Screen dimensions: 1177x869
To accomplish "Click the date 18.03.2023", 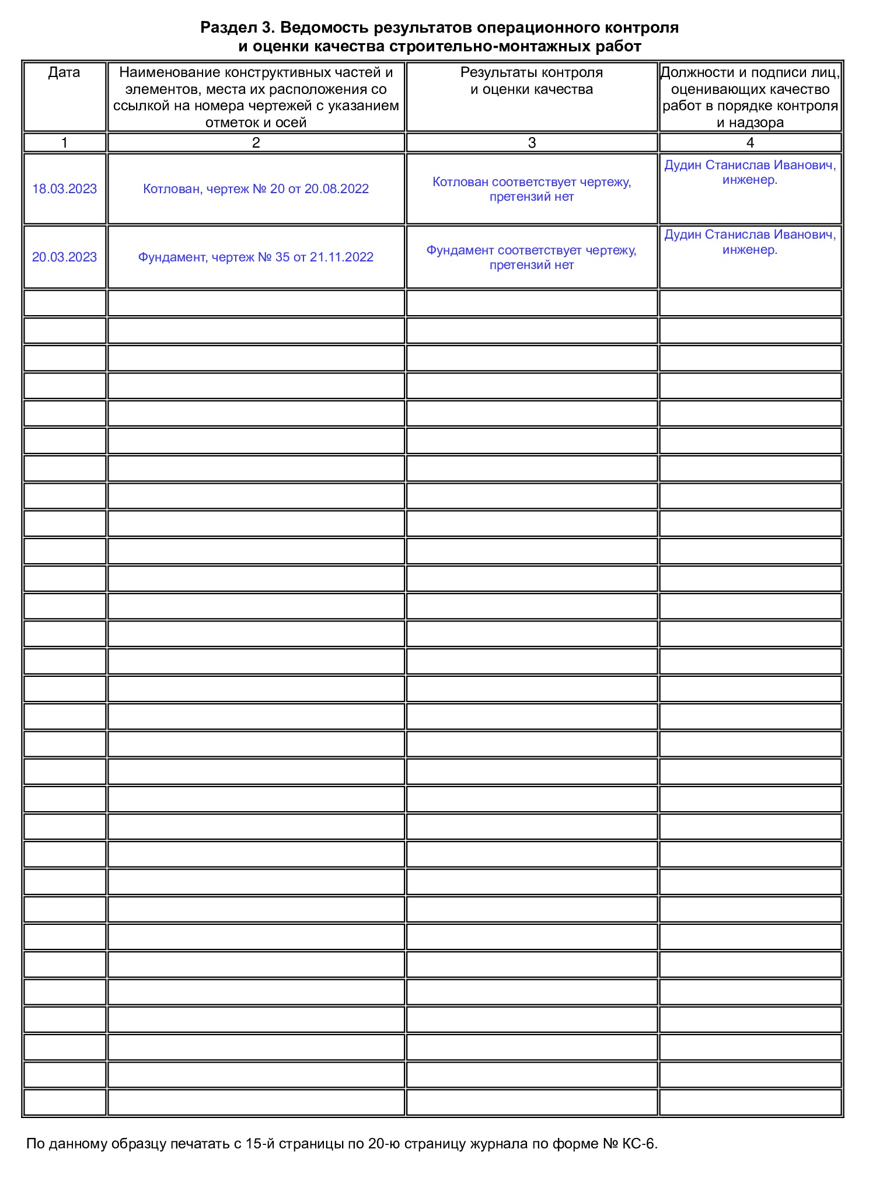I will point(64,189).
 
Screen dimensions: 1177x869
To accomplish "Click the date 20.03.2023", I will point(64,257).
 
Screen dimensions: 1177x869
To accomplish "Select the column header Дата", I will point(64,73).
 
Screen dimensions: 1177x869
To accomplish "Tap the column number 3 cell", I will point(532,143).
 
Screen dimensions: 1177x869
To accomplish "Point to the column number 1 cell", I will point(64,143).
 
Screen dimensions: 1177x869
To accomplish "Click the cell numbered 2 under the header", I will point(256,143).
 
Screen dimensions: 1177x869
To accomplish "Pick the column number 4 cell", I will point(750,143).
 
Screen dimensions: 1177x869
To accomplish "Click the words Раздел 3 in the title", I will point(237,27).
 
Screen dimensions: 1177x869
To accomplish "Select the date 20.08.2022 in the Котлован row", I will point(337,189).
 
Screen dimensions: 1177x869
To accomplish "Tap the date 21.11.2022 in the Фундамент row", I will point(341,257).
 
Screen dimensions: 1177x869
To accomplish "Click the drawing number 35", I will point(282,257).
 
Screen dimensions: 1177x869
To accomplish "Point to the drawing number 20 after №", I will point(277,189).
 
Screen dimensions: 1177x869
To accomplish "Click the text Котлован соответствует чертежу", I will point(532,182).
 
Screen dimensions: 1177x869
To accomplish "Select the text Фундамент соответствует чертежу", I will point(531,250).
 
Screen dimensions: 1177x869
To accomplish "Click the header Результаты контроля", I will point(532,73).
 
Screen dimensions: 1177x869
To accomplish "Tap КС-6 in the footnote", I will point(640,1144).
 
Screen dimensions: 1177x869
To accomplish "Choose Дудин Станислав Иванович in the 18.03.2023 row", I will point(750,166).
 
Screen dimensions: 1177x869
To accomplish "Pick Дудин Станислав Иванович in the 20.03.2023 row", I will point(750,235).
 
